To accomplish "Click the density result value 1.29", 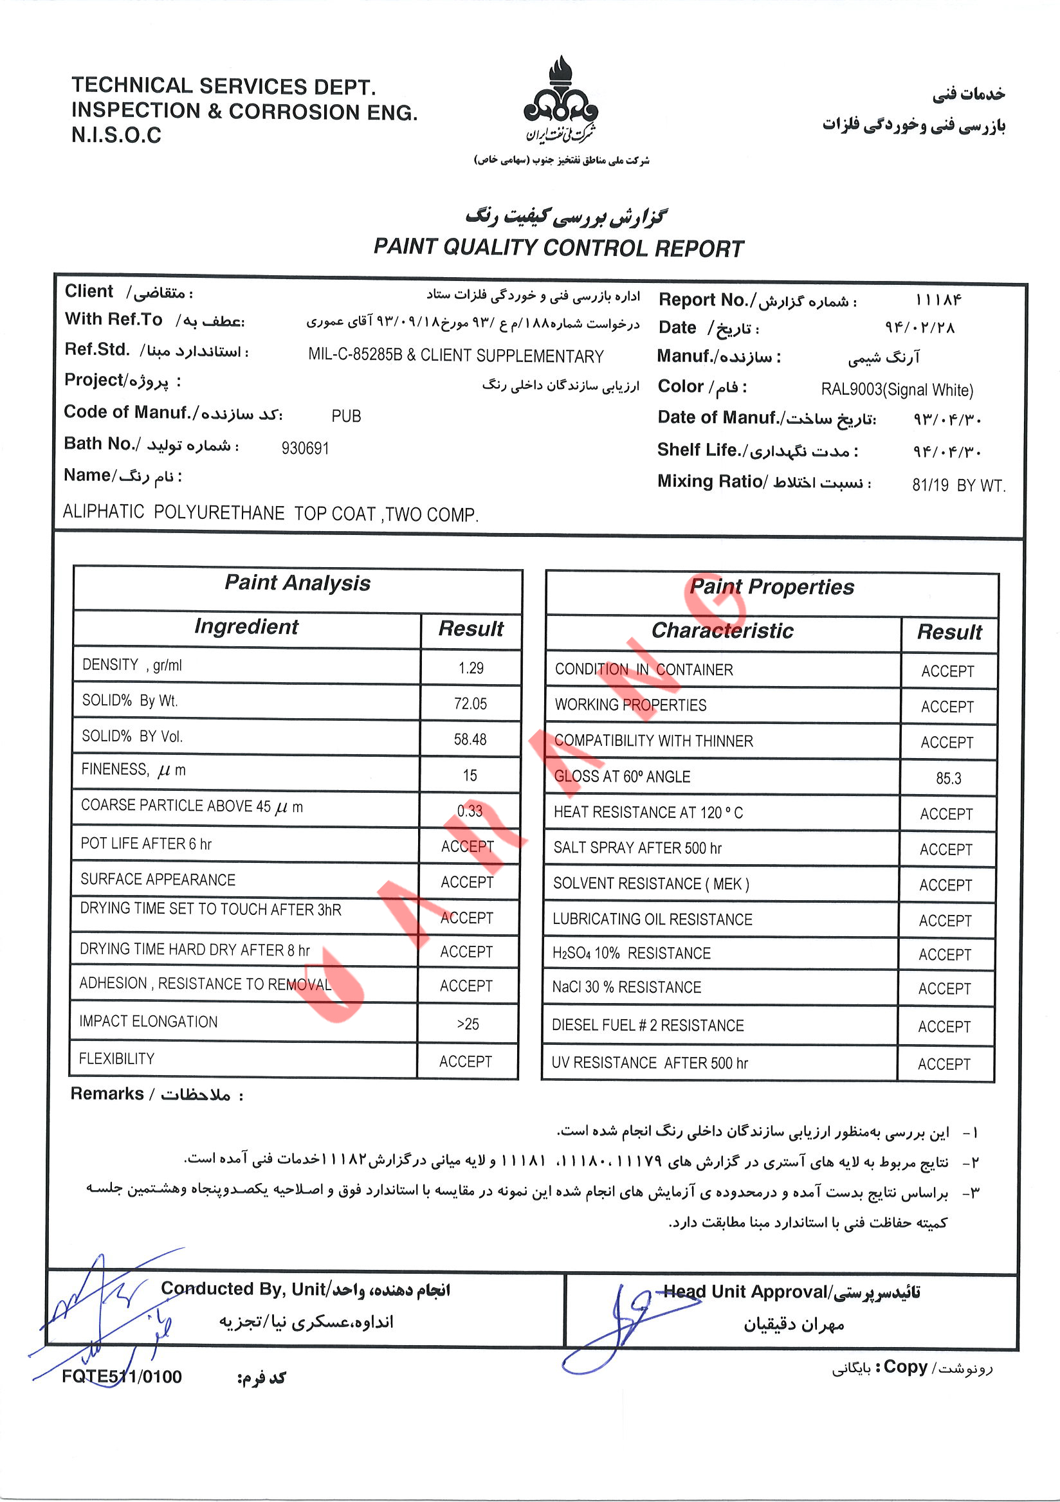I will point(470,668).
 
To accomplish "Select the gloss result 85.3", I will point(948,779).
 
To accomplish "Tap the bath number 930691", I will point(305,448).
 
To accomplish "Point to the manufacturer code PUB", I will point(346,416).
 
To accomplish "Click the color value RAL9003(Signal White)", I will point(897,390).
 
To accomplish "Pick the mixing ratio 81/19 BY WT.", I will point(958,485).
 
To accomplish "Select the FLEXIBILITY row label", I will point(116,1059).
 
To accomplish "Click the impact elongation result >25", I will point(468,1024).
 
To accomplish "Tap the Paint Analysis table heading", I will point(298,583).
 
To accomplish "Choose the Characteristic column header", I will point(722,631).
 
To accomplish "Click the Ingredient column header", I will point(246,627).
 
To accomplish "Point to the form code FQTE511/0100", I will point(122,1377).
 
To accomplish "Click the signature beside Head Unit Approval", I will point(621,1325).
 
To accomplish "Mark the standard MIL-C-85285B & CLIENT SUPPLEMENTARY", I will point(456,356).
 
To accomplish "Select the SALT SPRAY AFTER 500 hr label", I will point(637,849).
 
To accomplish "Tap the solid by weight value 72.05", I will point(470,704).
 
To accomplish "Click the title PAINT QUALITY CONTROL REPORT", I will point(558,248).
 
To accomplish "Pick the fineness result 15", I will point(470,776).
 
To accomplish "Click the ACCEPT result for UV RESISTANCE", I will point(944,1064).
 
